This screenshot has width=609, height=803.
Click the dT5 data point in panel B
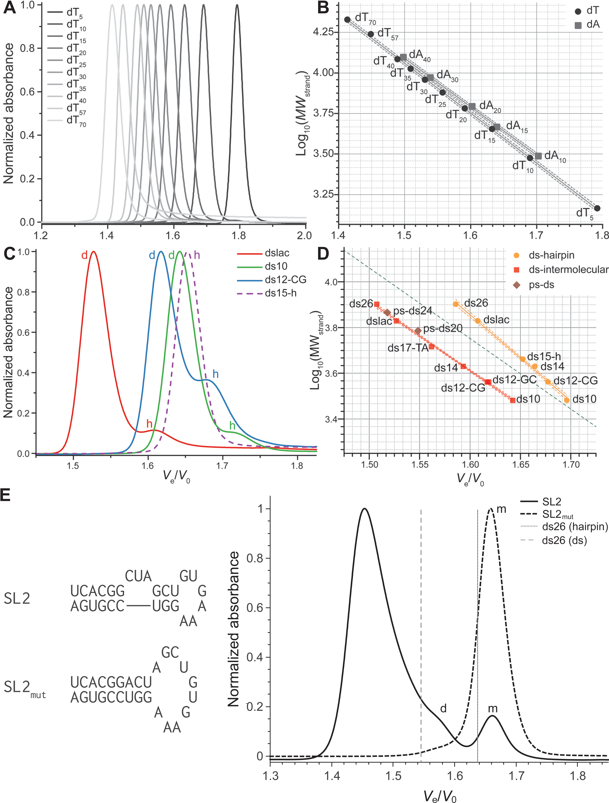[597, 208]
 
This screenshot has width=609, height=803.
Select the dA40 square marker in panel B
[403, 57]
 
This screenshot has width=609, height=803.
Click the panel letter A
[9, 8]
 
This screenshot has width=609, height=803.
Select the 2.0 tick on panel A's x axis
[304, 235]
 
